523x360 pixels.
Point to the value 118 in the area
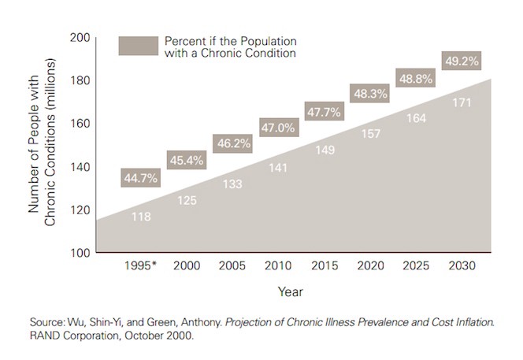[141, 217]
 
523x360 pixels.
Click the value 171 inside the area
[466, 103]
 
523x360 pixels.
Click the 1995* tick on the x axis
[141, 266]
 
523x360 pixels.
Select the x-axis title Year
[289, 291]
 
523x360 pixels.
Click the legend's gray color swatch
[137, 46]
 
